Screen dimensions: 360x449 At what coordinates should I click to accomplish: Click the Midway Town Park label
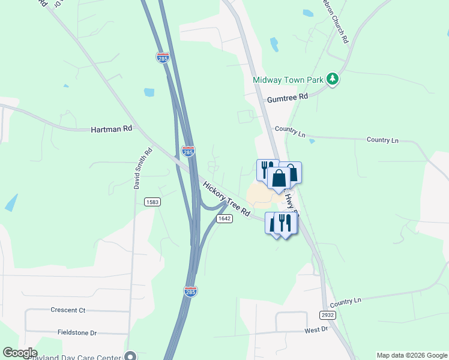click(x=288, y=79)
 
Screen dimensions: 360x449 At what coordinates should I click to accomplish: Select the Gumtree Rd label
click(x=288, y=97)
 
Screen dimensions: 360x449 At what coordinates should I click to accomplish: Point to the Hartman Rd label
click(x=111, y=129)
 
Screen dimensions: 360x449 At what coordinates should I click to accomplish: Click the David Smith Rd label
click(x=143, y=169)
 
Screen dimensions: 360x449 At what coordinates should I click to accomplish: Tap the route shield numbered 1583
click(x=152, y=202)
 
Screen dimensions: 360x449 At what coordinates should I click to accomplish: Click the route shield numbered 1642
click(x=224, y=218)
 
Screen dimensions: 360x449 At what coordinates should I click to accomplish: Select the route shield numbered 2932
click(x=327, y=315)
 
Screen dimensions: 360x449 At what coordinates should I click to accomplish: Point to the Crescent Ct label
click(x=68, y=310)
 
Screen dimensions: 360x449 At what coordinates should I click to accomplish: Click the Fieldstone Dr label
click(x=77, y=332)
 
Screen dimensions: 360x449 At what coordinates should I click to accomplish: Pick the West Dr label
click(x=316, y=329)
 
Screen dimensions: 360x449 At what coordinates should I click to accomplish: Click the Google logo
click(x=20, y=353)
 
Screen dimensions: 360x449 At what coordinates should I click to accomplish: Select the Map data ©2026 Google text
click(x=412, y=355)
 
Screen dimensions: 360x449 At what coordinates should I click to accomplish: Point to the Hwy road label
click(x=292, y=202)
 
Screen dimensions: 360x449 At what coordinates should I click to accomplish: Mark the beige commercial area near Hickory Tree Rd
click(x=259, y=194)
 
